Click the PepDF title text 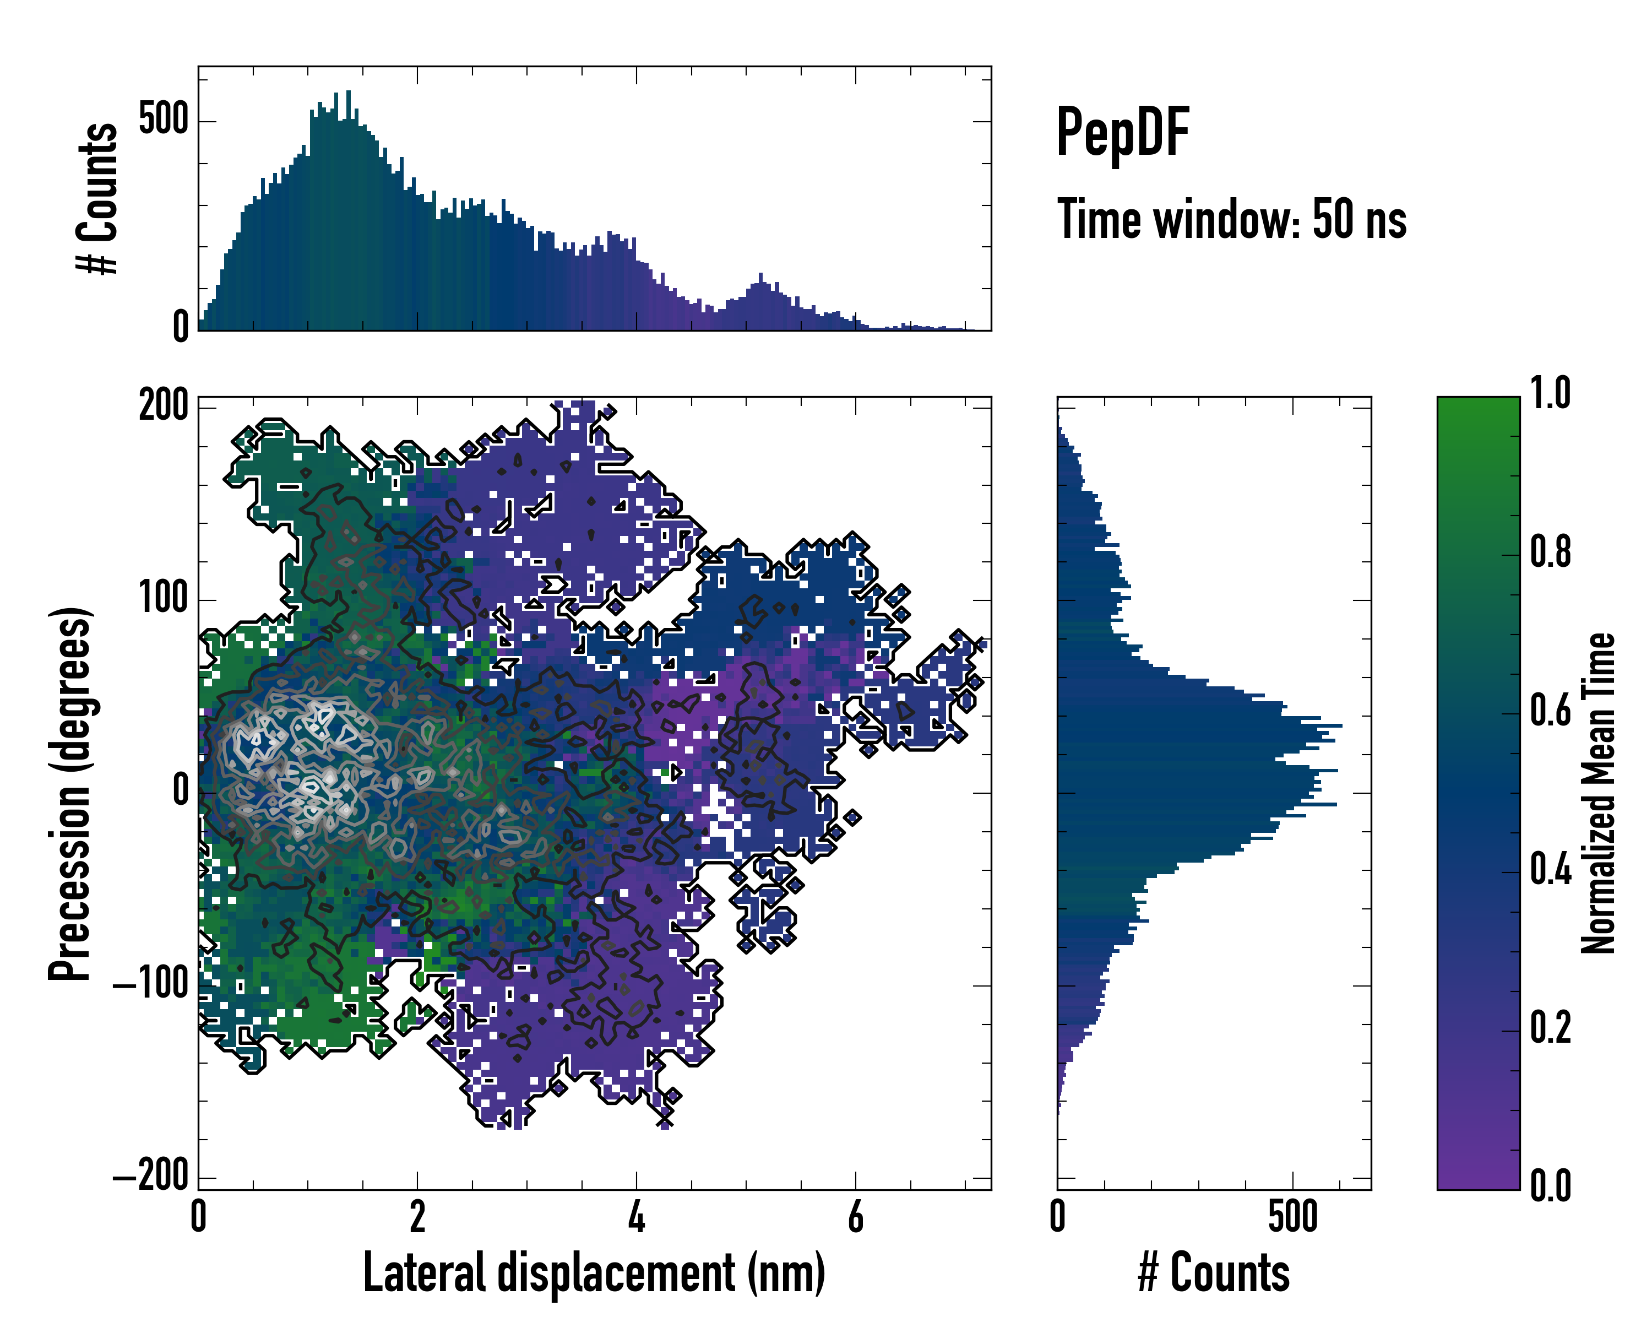pos(1122,133)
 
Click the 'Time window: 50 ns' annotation pos(1231,220)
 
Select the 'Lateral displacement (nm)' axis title pos(594,1273)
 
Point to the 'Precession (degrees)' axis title pos(70,793)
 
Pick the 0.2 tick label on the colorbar pos(1550,1028)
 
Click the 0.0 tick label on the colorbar pos(1550,1185)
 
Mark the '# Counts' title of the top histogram pos(98,198)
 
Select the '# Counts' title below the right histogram pos(1214,1273)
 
